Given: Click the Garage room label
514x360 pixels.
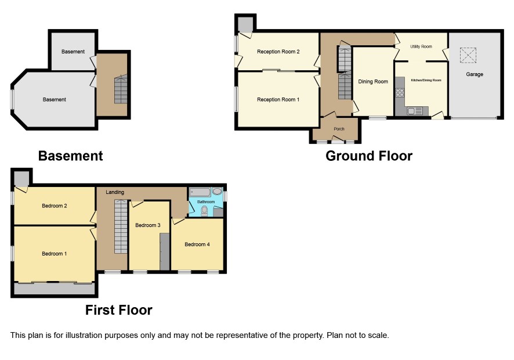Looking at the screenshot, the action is click(x=475, y=74).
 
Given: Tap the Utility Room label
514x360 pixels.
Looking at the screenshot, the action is click(x=421, y=46).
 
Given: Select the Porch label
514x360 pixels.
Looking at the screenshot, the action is click(x=339, y=129).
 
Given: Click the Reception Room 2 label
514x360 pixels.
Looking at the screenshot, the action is click(x=278, y=52).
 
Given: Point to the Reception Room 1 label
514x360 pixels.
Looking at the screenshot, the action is click(x=278, y=99).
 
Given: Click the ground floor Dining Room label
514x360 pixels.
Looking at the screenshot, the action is click(x=372, y=81).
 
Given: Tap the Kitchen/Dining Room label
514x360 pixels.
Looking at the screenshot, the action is click(x=426, y=80).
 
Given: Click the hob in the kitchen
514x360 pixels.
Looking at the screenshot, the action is click(x=400, y=92).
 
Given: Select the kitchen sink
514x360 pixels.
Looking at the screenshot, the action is click(x=414, y=111).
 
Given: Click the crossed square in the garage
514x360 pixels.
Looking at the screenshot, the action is click(x=468, y=55).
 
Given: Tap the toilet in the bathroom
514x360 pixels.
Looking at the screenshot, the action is click(x=204, y=211).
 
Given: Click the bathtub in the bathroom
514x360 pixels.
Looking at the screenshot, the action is click(x=200, y=192).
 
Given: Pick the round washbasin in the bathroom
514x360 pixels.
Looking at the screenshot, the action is click(x=216, y=191).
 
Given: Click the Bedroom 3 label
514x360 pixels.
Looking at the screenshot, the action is click(x=147, y=225).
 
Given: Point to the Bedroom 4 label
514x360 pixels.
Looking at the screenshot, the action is click(x=197, y=244).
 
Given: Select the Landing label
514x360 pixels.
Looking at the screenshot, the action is click(x=115, y=192).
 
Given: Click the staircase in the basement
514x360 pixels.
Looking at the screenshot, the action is click(x=121, y=89).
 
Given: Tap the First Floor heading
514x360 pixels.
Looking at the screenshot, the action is click(x=119, y=310).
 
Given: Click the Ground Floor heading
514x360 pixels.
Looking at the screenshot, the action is click(x=369, y=156).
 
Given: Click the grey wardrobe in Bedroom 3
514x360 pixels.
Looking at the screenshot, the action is click(x=165, y=251).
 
